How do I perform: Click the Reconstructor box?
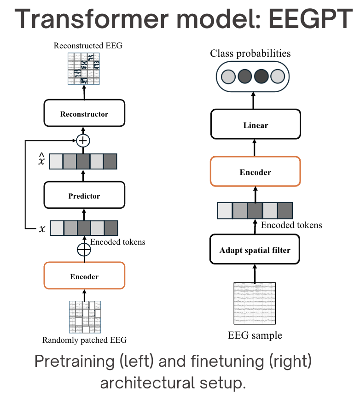[84, 114]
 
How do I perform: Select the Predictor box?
[84, 196]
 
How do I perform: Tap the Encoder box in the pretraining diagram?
[84, 276]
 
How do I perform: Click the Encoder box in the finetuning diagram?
[255, 172]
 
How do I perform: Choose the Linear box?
[255, 125]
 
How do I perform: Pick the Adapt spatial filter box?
[255, 250]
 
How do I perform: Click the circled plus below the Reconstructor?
[83, 140]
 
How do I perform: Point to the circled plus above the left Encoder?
[84, 249]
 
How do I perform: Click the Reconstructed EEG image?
[84, 68]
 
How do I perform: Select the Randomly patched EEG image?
[84, 317]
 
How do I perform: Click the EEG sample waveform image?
[255, 304]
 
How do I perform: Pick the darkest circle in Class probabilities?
[261, 76]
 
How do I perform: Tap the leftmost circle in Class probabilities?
[228, 76]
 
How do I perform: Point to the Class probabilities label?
[250, 53]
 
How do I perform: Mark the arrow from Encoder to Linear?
[255, 148]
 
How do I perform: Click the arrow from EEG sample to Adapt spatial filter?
[255, 273]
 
